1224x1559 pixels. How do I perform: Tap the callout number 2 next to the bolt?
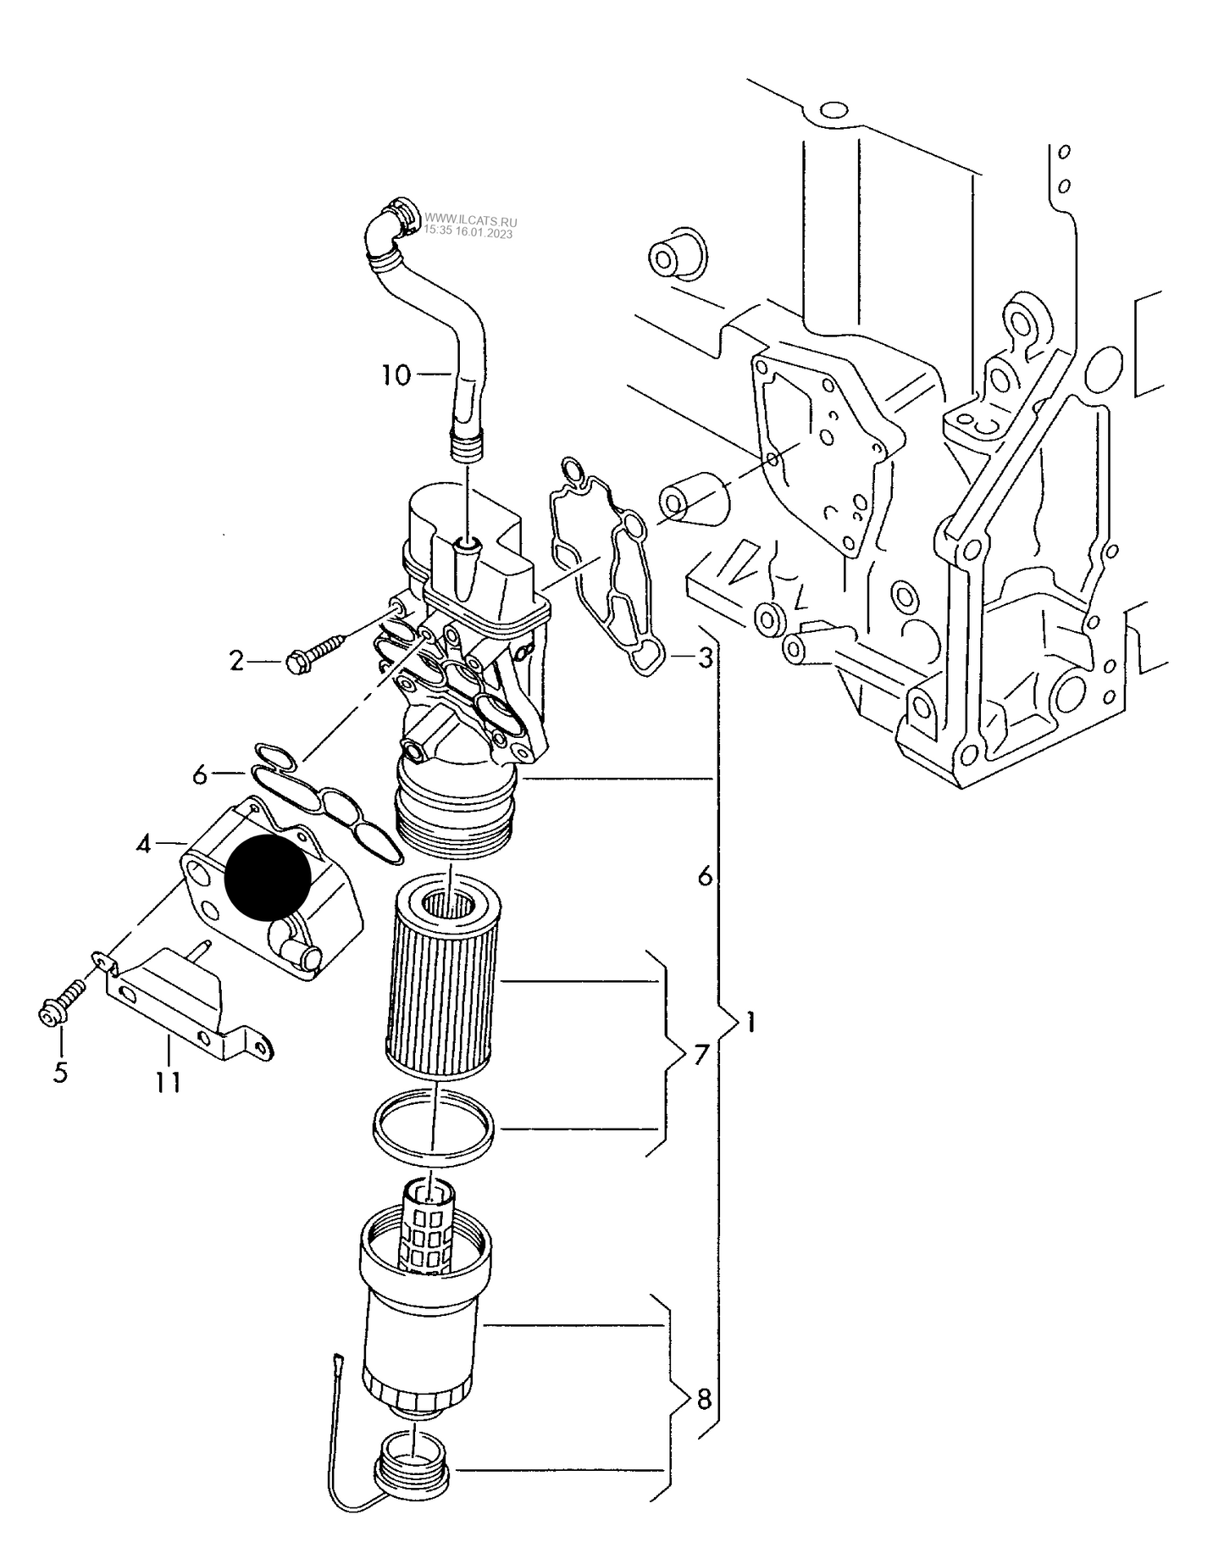tap(236, 660)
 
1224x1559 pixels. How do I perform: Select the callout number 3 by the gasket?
tap(705, 657)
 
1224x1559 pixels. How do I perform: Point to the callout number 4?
tap(145, 843)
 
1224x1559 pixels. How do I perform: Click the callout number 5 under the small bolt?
tap(60, 1072)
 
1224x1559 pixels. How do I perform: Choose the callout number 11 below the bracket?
tap(169, 1082)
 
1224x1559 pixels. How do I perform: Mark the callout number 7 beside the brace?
tap(701, 1056)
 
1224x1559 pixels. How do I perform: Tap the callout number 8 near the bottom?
tap(705, 1401)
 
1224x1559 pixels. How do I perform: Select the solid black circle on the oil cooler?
tap(267, 878)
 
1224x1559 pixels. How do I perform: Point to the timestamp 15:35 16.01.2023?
tap(468, 230)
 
